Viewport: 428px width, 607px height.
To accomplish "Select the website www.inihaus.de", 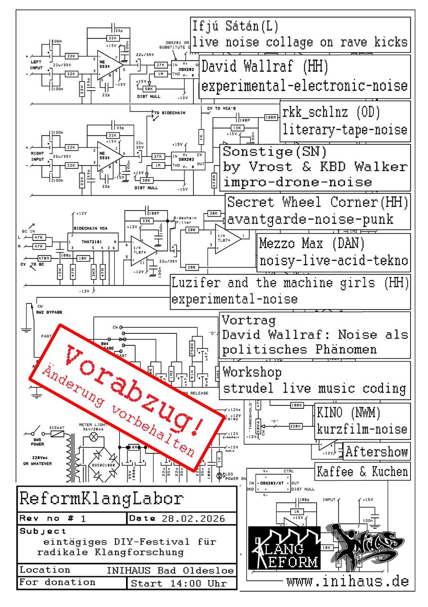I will pos(347,581).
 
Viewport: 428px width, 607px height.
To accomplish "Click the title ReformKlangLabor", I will pos(101,498).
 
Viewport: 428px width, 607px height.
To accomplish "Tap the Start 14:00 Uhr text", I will pos(179,583).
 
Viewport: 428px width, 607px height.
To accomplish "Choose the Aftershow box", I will pos(376,451).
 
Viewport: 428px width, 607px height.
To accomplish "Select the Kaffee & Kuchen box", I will pos(363,472).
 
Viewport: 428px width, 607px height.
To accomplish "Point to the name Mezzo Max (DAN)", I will pos(310,244).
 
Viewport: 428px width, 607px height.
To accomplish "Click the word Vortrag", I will pos(248,321).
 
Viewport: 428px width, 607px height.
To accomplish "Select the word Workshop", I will pos(252,372).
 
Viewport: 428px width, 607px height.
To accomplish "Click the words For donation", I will pos(57,582).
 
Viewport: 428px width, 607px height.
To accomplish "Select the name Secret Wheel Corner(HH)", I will pos(318,202).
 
